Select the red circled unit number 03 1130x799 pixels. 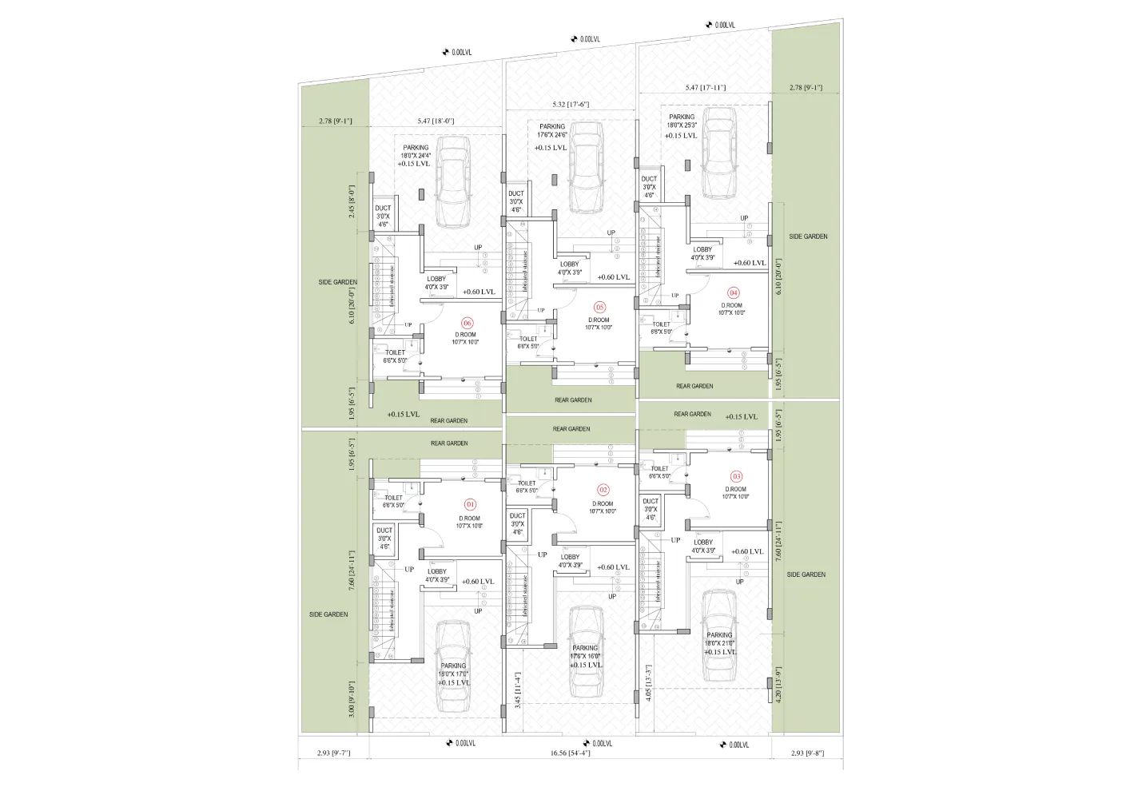point(737,476)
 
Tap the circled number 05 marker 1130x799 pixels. point(599,307)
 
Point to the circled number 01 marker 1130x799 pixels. point(470,504)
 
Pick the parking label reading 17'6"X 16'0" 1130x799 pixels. point(585,656)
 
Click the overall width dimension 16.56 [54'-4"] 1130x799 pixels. point(570,753)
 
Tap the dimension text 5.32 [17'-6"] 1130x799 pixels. point(571,104)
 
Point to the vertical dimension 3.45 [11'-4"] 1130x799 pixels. point(518,690)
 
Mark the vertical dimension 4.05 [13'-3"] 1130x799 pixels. point(648,682)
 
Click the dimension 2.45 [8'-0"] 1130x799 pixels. point(350,203)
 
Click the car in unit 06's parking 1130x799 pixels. point(453,181)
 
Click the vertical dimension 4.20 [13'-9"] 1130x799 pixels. point(778,685)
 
